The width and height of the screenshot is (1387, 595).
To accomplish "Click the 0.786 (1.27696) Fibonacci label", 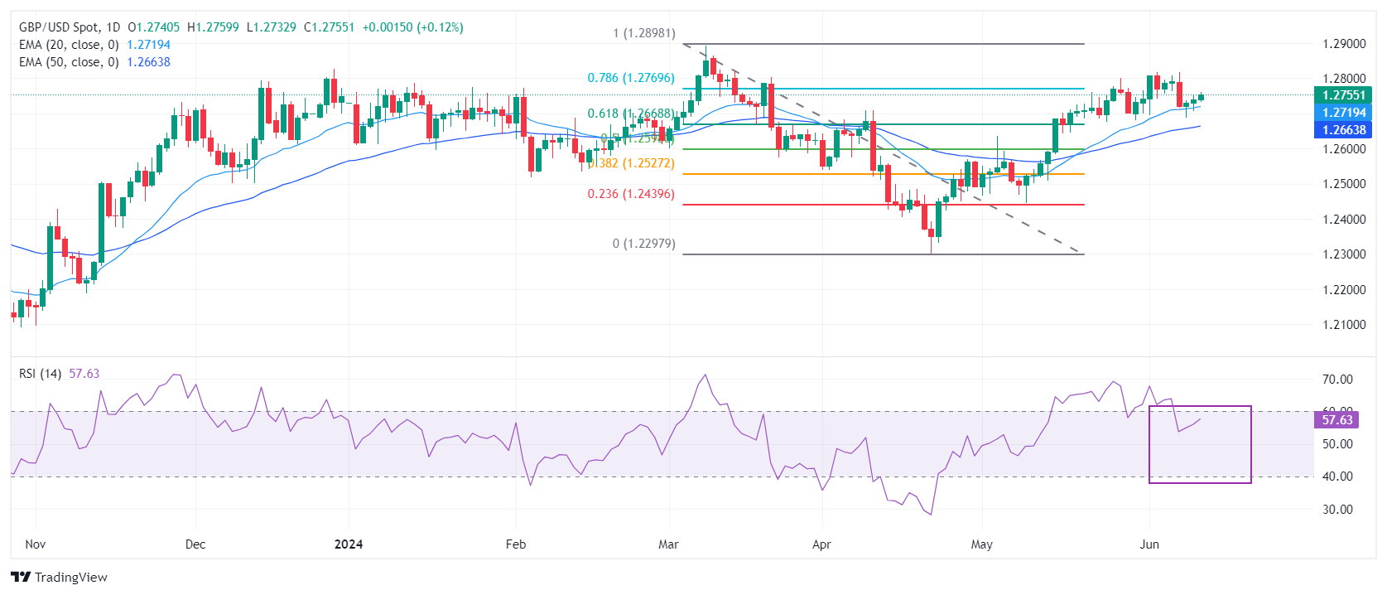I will (631, 78).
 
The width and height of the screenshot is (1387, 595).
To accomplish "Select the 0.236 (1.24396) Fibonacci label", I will (631, 194).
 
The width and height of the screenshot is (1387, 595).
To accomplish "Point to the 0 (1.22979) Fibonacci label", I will (643, 244).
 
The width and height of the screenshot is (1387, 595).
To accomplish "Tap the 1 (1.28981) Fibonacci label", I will (643, 33).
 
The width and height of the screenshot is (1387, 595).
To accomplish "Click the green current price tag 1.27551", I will (1343, 95).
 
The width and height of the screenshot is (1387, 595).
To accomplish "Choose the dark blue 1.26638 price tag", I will (1343, 129).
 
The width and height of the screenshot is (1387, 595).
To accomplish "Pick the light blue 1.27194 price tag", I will (1343, 113).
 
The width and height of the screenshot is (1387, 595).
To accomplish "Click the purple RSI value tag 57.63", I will (1336, 420).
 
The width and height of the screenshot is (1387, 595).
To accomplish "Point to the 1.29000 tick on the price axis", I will (1344, 44).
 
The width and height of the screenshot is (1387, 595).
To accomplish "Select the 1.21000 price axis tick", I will (1344, 325).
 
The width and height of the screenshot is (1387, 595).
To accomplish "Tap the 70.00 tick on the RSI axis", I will (1337, 380).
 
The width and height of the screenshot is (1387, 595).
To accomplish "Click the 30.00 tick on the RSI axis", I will (1337, 510).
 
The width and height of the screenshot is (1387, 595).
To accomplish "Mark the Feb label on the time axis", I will (516, 544).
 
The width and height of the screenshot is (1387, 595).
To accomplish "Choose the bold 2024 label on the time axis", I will (349, 544).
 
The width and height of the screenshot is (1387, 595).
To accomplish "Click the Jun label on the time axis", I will (1149, 544).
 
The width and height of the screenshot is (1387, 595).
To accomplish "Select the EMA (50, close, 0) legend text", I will (69, 62).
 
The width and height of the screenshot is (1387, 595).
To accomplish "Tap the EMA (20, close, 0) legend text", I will (69, 45).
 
